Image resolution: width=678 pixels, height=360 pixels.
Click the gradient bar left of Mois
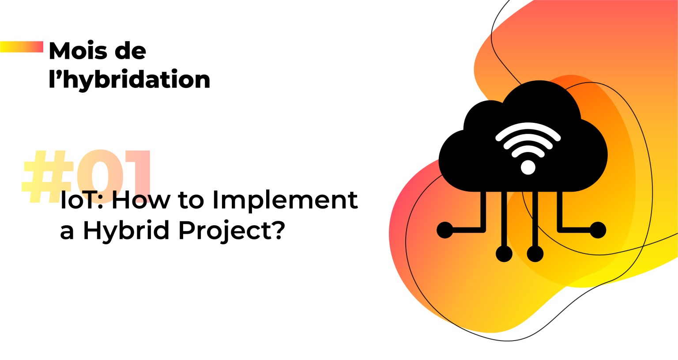click(22, 47)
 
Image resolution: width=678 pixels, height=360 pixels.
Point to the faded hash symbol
click(48, 176)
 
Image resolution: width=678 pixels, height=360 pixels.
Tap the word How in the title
click(141, 200)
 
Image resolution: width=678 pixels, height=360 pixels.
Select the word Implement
click(285, 201)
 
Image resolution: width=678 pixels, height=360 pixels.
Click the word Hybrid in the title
click(126, 231)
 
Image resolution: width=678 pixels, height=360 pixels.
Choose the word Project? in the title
click(232, 231)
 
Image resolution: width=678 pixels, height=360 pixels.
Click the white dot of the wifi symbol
click(528, 167)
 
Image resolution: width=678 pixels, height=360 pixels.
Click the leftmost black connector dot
click(445, 230)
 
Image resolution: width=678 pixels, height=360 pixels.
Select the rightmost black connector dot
click(598, 230)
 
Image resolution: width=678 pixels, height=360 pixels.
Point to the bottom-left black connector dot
click(504, 254)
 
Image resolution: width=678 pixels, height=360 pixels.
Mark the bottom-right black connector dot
click(535, 254)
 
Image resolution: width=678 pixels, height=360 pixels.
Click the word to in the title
click(191, 201)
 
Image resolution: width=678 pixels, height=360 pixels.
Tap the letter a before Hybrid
click(67, 232)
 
